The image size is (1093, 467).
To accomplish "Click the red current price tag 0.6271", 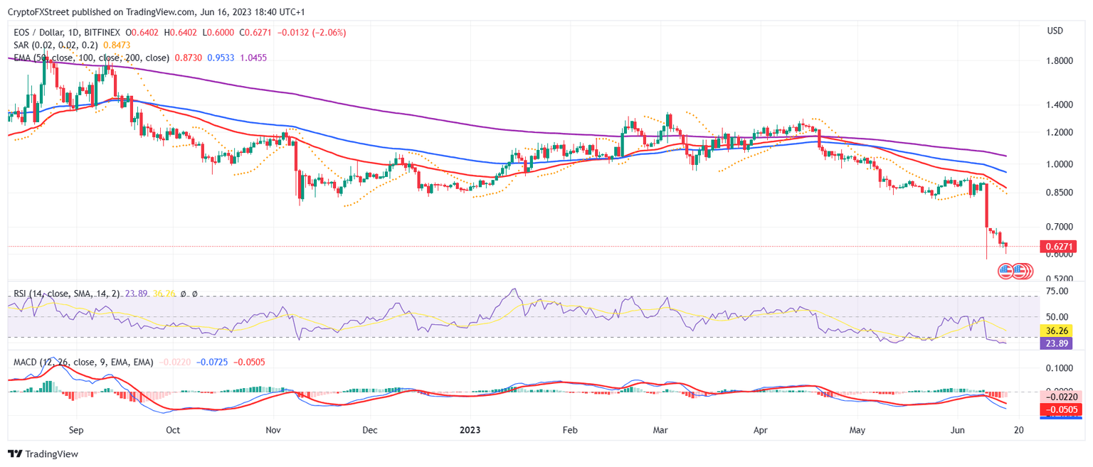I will tap(1058, 247).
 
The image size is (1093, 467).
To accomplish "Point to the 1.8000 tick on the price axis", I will tap(1058, 61).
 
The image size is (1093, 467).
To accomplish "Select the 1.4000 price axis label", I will tap(1058, 105).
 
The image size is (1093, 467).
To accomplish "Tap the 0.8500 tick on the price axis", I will tap(1058, 193).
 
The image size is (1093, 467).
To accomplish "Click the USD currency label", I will tap(1055, 31).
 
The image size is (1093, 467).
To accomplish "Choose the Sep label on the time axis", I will tap(77, 430).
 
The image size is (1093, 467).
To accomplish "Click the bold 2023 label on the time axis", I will tap(470, 430).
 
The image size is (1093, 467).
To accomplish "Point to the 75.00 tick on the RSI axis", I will tap(1057, 291).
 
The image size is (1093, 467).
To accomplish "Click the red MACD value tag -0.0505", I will tap(1058, 410).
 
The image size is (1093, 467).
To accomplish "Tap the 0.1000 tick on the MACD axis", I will tap(1058, 368).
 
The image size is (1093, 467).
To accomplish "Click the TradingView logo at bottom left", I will tap(43, 453).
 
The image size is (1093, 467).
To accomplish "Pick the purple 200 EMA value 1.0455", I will tap(253, 58).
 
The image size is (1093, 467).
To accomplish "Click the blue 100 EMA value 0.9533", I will tap(221, 58).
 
